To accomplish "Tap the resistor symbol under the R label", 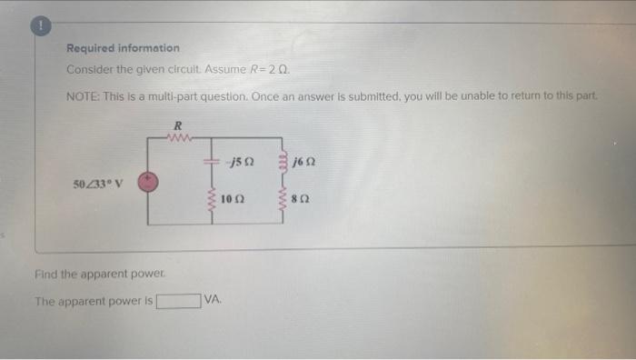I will pos(180,138).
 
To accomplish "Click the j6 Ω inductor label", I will pos(304,162).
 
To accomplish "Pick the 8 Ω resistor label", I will pos(303,196).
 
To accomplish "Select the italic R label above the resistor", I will pos(178,125).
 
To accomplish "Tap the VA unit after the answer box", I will pos(213,301).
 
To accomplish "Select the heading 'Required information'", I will pos(123,48).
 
